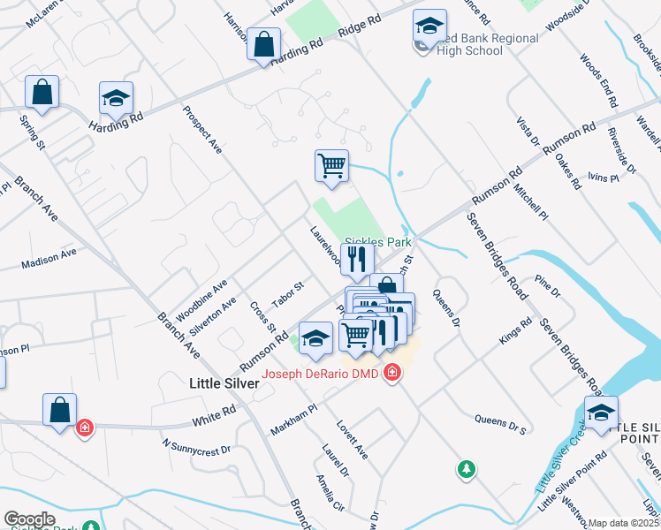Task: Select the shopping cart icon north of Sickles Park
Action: (331, 165)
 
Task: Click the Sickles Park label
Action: (378, 240)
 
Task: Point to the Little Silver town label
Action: (224, 383)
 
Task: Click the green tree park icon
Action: (466, 469)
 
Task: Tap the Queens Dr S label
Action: (500, 424)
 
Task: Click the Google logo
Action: (29, 519)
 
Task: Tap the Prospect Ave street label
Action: (202, 130)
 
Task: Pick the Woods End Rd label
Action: (597, 79)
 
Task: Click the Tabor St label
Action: (287, 294)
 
